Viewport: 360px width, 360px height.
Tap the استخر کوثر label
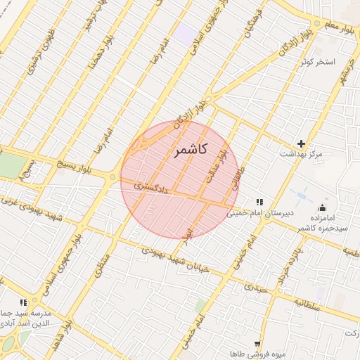[x=318, y=62]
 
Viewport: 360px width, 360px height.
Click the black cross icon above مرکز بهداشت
[x=302, y=143]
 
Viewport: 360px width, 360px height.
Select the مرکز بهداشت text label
[x=300, y=153]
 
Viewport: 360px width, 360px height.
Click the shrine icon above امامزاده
[x=323, y=207]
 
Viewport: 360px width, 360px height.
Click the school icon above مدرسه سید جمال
[x=24, y=302]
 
